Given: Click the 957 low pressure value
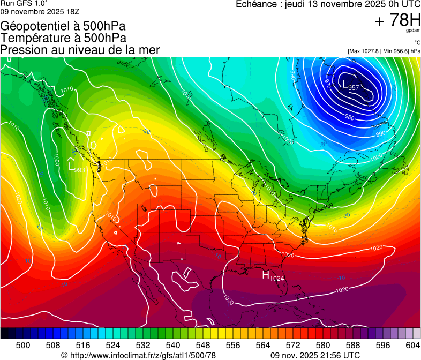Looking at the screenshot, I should (354, 88).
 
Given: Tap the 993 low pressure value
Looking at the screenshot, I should (80, 170).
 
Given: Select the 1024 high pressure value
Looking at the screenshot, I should (276, 279).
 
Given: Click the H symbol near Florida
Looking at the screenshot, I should (265, 275).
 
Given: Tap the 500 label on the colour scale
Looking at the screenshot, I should (23, 344).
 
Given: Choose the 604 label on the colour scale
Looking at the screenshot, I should (412, 344).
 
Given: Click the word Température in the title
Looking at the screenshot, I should (34, 37).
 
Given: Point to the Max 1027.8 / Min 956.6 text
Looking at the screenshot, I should (384, 51).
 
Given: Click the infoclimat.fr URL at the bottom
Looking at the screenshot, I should (142, 355).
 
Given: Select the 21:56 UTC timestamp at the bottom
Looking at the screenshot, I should (337, 355).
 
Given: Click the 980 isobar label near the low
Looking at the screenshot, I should (349, 117).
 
